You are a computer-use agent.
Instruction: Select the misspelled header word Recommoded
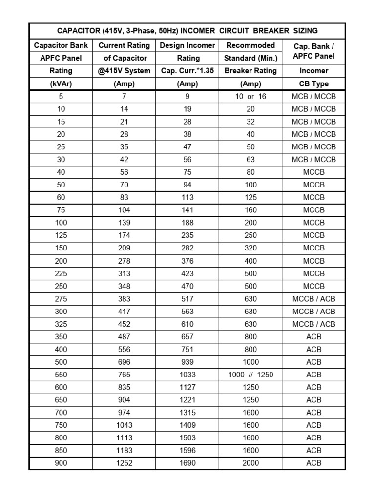(x=250, y=45)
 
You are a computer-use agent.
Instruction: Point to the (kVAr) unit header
(x=61, y=83)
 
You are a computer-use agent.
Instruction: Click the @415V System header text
(x=124, y=71)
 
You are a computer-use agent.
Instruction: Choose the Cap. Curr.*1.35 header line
(x=187, y=71)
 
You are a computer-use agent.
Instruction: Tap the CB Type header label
(x=314, y=83)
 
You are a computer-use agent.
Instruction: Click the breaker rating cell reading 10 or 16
(x=250, y=97)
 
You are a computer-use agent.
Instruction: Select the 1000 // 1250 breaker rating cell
(x=250, y=375)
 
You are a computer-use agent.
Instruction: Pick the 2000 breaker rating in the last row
(x=250, y=463)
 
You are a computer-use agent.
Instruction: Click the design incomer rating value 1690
(x=187, y=463)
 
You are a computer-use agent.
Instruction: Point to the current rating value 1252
(x=124, y=463)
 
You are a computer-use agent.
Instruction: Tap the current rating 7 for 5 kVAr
(x=124, y=97)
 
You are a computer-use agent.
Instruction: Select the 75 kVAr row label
(x=61, y=210)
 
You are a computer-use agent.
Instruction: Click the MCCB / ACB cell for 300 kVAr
(x=314, y=312)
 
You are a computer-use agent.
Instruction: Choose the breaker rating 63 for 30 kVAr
(x=250, y=159)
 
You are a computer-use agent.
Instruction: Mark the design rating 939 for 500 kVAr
(x=187, y=362)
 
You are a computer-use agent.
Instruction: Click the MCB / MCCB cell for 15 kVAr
(x=314, y=122)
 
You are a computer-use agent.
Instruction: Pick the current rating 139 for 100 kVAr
(x=124, y=223)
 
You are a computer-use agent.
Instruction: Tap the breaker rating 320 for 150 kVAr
(x=250, y=248)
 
